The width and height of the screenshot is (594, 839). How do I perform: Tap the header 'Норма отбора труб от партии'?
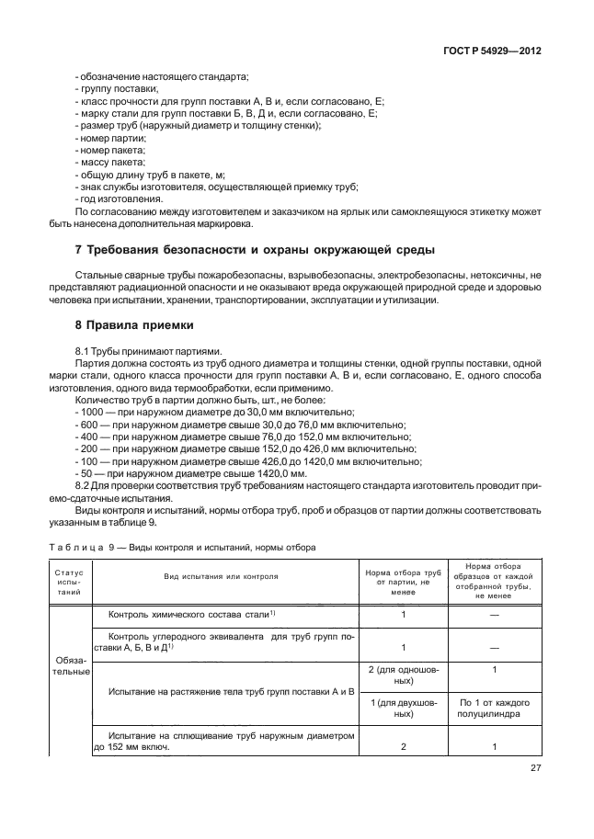click(x=403, y=582)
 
